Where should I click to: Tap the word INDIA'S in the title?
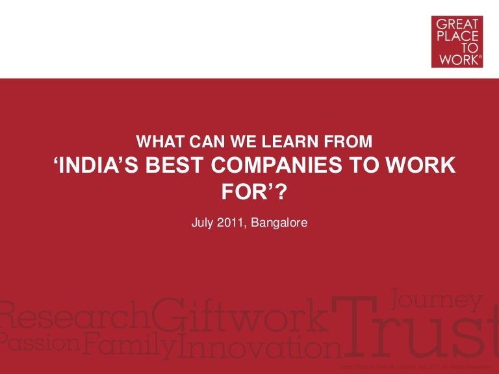(96, 166)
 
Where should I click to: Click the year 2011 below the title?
(232, 222)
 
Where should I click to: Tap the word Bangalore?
(280, 222)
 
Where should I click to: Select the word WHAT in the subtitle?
(157, 140)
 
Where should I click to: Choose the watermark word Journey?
(437, 300)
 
